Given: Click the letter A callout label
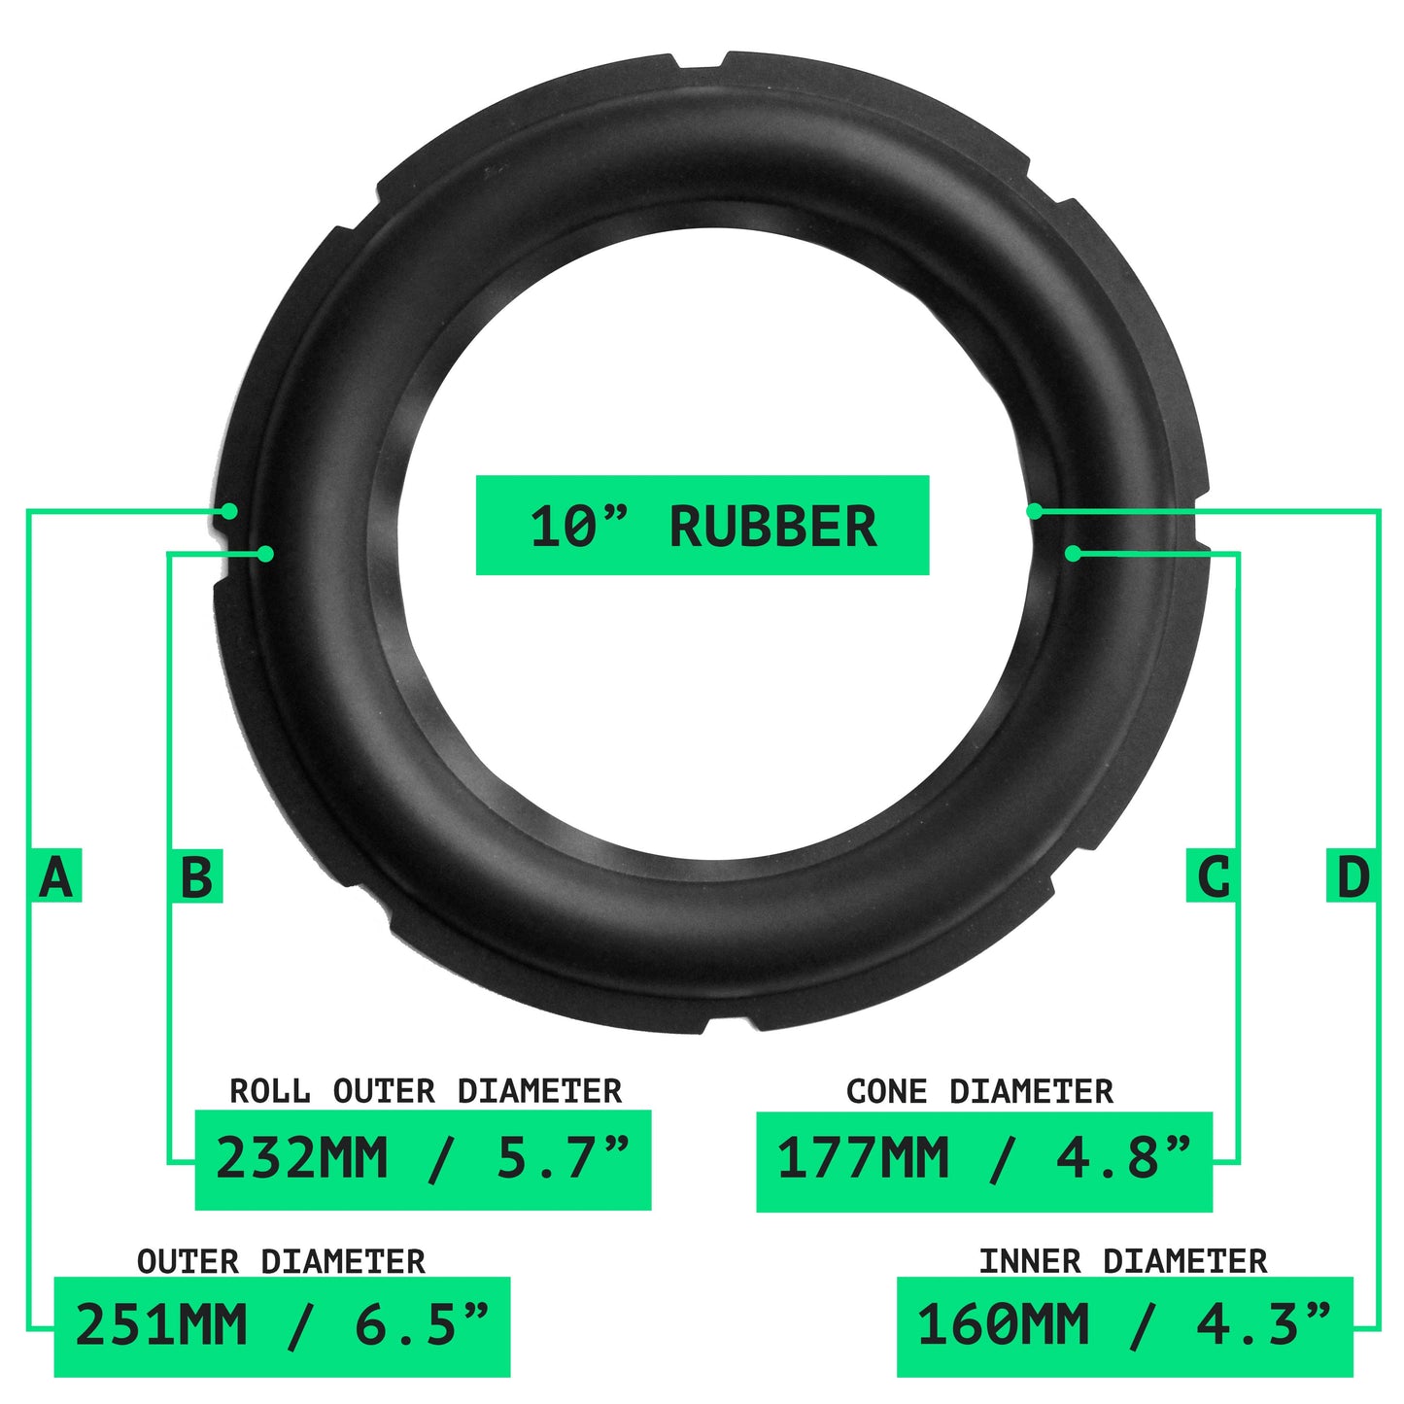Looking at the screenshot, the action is click(56, 875).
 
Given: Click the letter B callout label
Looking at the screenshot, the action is click(196, 875).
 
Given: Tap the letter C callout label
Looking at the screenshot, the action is click(1212, 875).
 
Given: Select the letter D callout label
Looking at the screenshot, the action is click(1352, 875).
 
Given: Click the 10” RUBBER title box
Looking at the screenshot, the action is click(702, 526).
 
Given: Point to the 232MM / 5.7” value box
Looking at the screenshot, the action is click(423, 1160).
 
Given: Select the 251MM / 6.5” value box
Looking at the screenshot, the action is click(282, 1327).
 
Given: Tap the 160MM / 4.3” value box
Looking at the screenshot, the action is click(1125, 1327).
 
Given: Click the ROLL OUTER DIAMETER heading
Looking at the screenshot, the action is click(427, 1091).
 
